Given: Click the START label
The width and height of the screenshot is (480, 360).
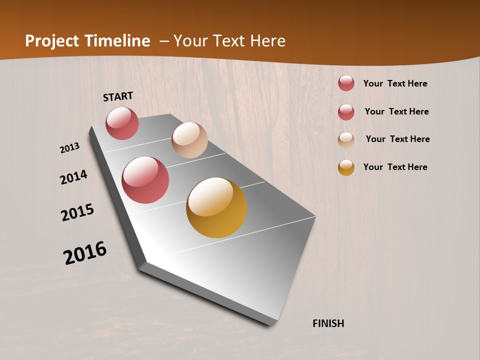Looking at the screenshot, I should [x=118, y=96].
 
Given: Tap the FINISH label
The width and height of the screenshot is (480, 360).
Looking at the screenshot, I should [x=328, y=323].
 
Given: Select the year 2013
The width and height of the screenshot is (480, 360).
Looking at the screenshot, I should [x=69, y=148].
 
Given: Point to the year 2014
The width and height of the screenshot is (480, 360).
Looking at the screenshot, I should [x=73, y=177].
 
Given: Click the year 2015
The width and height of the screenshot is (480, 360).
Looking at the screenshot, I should [x=77, y=212].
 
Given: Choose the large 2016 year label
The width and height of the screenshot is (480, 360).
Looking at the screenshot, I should [x=85, y=253].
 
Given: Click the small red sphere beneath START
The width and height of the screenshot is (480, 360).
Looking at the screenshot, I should [x=122, y=123].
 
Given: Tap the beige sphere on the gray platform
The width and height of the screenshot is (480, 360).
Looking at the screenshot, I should [x=189, y=140].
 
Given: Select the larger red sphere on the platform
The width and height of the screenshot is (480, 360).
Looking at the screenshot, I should [x=145, y=180].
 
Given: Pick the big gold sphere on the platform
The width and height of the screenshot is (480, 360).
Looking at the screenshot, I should [x=216, y=207].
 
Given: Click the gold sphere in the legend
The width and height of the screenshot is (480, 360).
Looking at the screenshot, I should [x=346, y=167].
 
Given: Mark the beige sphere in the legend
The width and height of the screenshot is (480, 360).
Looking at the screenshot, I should [x=346, y=139].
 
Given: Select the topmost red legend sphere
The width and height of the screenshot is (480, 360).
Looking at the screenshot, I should [x=346, y=83].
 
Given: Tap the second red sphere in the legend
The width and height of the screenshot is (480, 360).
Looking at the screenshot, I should [x=346, y=112].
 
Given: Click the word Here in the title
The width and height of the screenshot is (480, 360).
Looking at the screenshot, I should [x=267, y=41].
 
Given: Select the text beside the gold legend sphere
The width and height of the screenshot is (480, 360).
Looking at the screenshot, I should [x=395, y=167].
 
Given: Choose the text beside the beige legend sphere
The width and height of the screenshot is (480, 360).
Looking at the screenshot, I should [x=397, y=139].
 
